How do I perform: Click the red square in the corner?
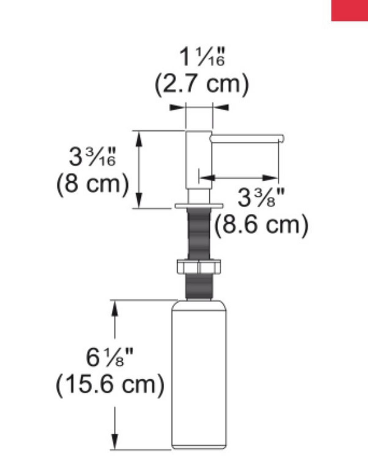[x=350, y=10]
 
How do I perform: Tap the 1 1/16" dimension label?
[x=202, y=57]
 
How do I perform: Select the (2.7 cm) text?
[x=202, y=83]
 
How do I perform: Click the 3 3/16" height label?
[x=92, y=157]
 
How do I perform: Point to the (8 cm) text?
[x=92, y=184]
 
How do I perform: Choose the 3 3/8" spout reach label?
[x=261, y=198]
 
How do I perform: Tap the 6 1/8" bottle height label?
[x=110, y=357]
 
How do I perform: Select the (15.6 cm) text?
[x=110, y=384]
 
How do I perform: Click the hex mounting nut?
[x=199, y=266]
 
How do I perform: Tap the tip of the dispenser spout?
[x=281, y=139]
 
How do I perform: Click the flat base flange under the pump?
[x=199, y=206]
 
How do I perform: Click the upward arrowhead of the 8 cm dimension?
[x=139, y=138]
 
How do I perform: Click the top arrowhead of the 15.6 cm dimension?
[x=115, y=308]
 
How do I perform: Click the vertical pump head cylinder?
[x=199, y=159]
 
